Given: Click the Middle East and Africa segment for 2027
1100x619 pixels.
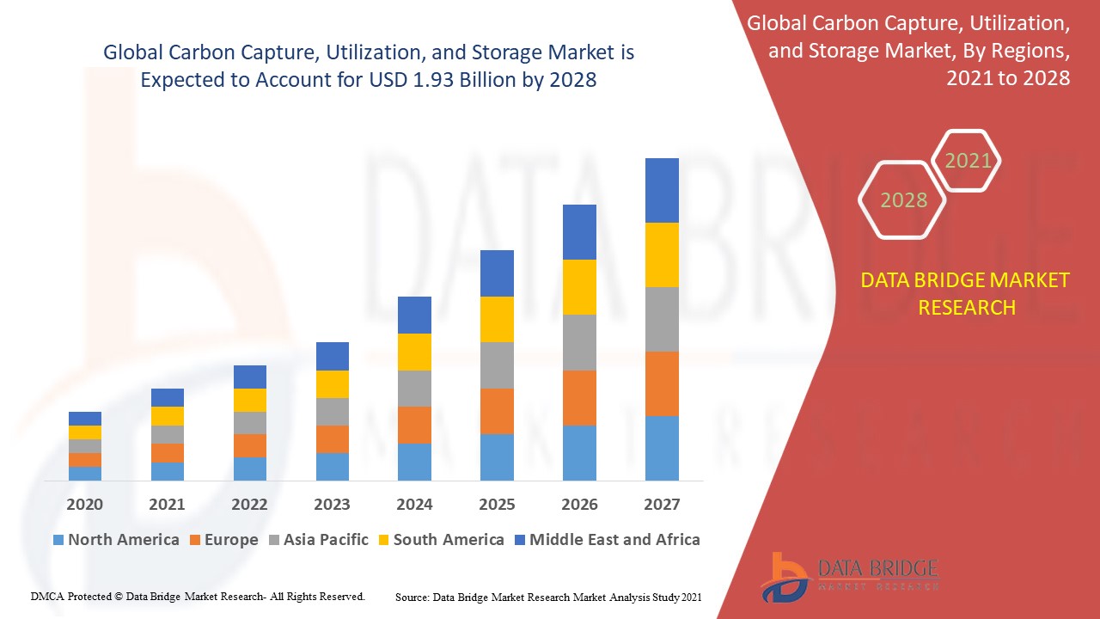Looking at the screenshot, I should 662,190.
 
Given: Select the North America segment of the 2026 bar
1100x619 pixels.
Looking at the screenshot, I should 579,452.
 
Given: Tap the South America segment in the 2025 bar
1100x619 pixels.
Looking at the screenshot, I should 497,319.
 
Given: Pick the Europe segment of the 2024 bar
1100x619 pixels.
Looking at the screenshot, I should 414,425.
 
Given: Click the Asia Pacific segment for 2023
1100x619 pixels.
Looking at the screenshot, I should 333,411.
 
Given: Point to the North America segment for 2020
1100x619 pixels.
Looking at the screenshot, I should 85,473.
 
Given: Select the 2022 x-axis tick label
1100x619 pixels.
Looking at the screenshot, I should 249,505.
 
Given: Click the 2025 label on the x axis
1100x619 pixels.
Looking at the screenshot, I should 497,505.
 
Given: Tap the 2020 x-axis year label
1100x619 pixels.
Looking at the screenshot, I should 85,505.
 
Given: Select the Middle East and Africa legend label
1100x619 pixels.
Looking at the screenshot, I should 614,540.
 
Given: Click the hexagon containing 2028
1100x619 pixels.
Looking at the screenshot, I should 903,200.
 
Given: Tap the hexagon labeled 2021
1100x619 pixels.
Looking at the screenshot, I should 968,161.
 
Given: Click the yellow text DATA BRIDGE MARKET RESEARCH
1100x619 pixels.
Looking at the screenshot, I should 966,293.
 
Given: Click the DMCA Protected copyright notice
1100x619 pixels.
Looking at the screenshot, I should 198,596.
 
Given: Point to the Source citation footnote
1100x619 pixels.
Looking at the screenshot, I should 548,596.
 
